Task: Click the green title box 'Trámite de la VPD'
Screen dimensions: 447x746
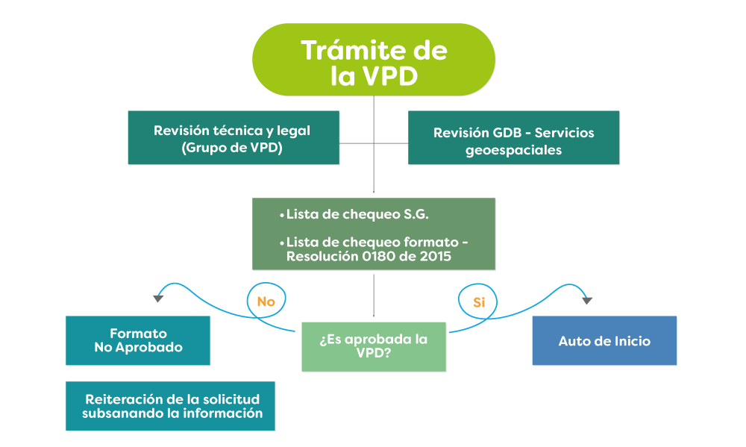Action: [373, 60]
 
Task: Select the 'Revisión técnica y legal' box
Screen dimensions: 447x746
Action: [233, 137]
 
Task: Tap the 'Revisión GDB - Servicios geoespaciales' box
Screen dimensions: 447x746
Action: [513, 137]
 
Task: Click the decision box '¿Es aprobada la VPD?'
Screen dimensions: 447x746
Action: [373, 346]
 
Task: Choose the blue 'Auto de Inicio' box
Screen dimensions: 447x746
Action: [604, 340]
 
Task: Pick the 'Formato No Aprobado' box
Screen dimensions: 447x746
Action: [138, 340]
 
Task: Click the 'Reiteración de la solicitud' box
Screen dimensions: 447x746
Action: [170, 406]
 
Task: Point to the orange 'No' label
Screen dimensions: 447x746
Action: [266, 302]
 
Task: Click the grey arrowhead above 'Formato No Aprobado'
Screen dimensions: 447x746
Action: [158, 298]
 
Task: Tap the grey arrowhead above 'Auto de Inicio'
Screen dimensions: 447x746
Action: [587, 300]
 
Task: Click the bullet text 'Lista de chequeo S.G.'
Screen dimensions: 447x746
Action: [357, 215]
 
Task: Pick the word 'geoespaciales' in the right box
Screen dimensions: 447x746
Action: [513, 149]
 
